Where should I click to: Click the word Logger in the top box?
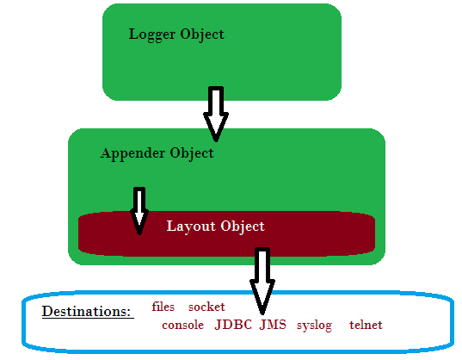(x=152, y=35)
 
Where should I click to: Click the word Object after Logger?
(x=202, y=35)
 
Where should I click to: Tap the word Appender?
(x=132, y=154)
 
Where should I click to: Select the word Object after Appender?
(x=192, y=154)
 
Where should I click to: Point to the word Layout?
(x=191, y=227)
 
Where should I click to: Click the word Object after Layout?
(x=243, y=227)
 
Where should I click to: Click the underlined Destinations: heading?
(x=88, y=312)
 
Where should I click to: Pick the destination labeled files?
(x=163, y=307)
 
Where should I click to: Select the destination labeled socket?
(x=206, y=307)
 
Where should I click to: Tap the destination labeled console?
(x=182, y=326)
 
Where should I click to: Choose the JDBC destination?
(x=233, y=325)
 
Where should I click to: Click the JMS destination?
(x=273, y=325)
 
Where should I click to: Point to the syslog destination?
(x=314, y=326)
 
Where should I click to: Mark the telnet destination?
(x=366, y=325)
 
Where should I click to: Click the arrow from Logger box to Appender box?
(x=216, y=114)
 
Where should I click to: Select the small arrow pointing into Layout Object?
(x=139, y=211)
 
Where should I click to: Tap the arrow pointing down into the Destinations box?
(x=262, y=281)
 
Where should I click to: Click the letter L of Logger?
(x=133, y=34)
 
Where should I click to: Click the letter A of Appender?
(x=106, y=152)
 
